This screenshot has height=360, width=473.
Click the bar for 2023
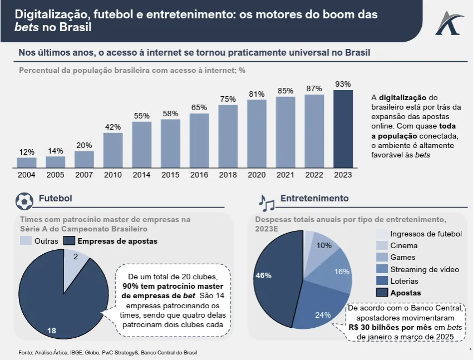click(x=343, y=129)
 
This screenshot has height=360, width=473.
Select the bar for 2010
click(x=113, y=150)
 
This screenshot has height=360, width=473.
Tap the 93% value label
click(x=343, y=84)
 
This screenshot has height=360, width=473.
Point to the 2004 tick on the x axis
click(x=27, y=175)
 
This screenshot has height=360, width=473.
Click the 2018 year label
click(x=228, y=175)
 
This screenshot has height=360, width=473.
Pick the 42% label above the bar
click(x=113, y=127)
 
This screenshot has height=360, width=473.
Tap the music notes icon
click(x=266, y=202)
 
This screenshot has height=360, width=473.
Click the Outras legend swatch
click(x=26, y=241)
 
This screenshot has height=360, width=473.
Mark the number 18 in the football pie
click(x=52, y=331)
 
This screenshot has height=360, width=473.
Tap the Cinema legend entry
click(x=403, y=245)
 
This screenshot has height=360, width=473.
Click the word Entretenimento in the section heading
click(x=314, y=199)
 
